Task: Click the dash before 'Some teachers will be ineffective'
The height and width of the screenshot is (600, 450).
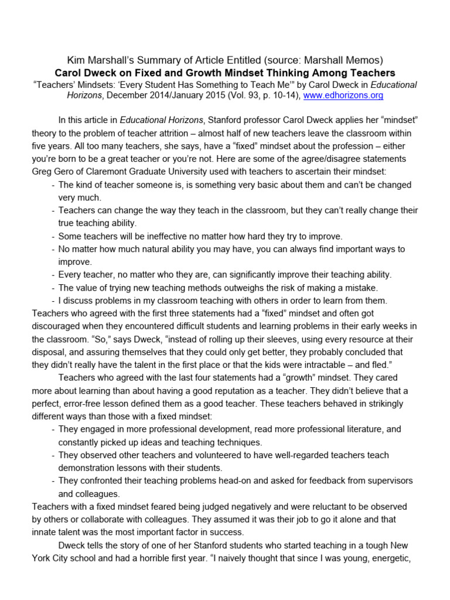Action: click(53, 236)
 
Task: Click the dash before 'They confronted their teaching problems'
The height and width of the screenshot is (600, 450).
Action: click(53, 480)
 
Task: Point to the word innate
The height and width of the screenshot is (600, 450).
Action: click(45, 532)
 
